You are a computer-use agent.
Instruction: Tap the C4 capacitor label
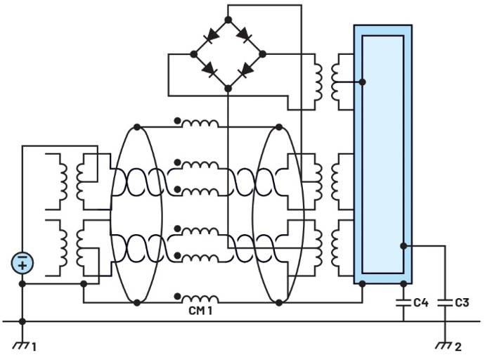click(420, 303)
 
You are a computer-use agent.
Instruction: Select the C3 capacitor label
click(462, 303)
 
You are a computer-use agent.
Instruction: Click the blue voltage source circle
click(22, 264)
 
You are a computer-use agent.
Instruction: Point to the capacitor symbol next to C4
click(403, 303)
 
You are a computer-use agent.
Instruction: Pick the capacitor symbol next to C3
click(444, 303)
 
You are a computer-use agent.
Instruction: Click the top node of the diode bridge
click(228, 20)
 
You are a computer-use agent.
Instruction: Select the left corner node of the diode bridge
click(194, 53)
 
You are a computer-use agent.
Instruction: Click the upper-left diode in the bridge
click(210, 36)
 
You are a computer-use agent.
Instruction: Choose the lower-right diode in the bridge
click(245, 70)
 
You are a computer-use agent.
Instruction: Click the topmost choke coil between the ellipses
click(200, 124)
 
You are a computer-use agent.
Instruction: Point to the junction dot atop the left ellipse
click(137, 127)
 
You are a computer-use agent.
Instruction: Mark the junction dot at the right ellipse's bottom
click(279, 302)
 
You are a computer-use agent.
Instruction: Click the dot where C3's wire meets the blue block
click(403, 245)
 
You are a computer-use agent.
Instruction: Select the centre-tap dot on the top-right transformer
click(362, 82)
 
